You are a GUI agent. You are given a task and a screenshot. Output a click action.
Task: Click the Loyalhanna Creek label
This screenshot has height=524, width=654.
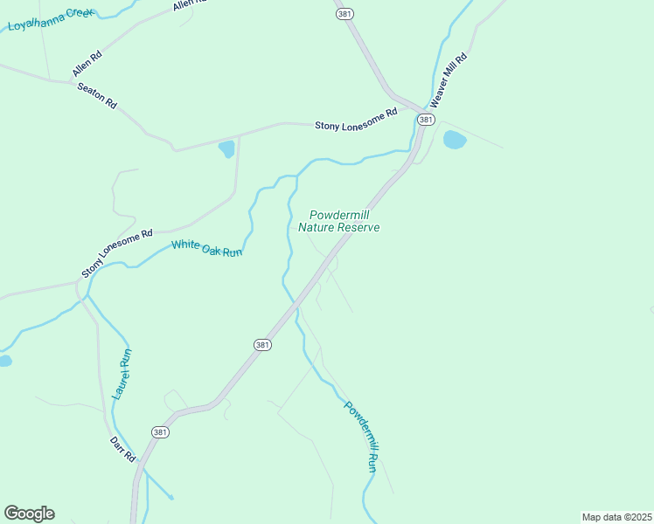[x=50, y=18]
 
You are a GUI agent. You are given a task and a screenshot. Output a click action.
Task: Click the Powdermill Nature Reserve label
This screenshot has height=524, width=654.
[x=338, y=221]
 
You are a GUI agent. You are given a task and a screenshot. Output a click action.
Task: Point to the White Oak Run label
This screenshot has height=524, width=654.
[x=206, y=248]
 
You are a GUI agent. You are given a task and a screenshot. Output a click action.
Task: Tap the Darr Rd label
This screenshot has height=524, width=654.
[x=123, y=450]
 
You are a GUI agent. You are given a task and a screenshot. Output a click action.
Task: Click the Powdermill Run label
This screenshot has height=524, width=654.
[x=361, y=437]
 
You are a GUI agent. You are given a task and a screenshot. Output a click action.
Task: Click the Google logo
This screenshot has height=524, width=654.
[x=29, y=514]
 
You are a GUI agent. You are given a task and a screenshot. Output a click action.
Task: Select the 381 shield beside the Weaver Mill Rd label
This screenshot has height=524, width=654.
[x=426, y=119]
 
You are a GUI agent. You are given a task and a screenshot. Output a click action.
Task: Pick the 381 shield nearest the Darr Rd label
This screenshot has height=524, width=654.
[x=160, y=432]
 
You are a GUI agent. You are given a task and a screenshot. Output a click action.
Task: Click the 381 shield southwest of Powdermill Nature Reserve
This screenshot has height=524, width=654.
[x=263, y=345]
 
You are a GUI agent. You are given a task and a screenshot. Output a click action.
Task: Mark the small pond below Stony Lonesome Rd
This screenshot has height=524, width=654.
[x=226, y=148]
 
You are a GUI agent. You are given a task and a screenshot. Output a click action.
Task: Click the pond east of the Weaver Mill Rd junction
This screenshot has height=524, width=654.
[x=455, y=139]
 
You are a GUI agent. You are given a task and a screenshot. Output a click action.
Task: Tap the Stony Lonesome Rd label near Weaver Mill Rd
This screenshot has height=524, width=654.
[x=356, y=119]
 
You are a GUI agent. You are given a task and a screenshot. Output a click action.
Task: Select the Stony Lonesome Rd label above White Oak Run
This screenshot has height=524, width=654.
[x=117, y=254]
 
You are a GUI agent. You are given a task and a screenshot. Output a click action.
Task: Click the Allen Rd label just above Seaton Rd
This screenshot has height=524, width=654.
[x=87, y=61]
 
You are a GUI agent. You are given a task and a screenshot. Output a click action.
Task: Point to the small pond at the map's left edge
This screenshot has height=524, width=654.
[x=4, y=360]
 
